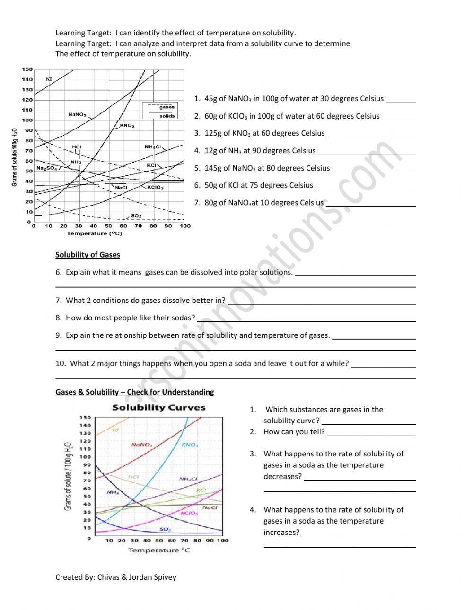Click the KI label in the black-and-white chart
click(x=49, y=79)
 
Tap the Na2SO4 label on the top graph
click(x=46, y=168)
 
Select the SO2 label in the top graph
click(x=136, y=216)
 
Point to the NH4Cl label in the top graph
click(x=153, y=147)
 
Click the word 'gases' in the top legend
click(x=167, y=107)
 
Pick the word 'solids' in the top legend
click(x=167, y=116)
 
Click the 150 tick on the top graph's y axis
click(x=27, y=69)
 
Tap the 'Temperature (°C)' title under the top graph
click(x=94, y=233)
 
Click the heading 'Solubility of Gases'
click(x=88, y=255)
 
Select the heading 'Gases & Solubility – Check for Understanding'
click(x=134, y=392)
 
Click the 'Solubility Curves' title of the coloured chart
click(x=158, y=407)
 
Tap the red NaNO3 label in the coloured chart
click(x=141, y=445)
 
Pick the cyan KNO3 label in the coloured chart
click(x=190, y=445)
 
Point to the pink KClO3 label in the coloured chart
click(x=189, y=513)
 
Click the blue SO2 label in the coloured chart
click(x=165, y=529)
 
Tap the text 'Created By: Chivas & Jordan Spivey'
click(x=115, y=577)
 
